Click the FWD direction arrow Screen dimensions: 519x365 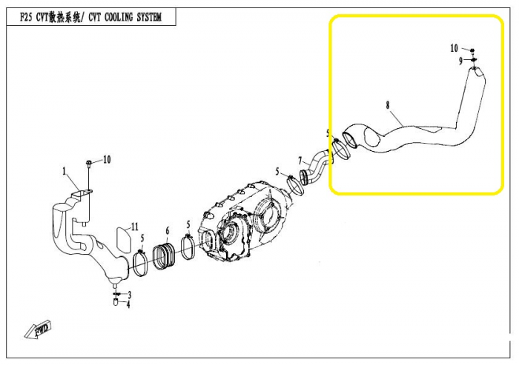click(39, 329)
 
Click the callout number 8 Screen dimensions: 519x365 click(388, 105)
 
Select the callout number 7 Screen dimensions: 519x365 click(300, 161)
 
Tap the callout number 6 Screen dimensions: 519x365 click(168, 230)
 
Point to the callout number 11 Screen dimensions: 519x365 click(134, 227)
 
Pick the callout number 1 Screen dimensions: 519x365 click(65, 171)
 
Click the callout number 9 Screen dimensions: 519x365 click(460, 61)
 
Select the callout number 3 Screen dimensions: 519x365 click(130, 295)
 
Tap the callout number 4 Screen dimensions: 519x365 click(128, 304)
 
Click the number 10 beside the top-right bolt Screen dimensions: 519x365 click(454, 48)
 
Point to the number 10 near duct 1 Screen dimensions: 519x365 click(107, 160)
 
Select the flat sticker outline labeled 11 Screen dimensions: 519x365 click(123, 241)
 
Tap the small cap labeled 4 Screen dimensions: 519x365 click(116, 302)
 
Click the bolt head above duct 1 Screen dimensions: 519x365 click(89, 163)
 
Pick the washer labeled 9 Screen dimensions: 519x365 click(474, 59)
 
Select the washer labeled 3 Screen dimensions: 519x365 click(116, 294)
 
